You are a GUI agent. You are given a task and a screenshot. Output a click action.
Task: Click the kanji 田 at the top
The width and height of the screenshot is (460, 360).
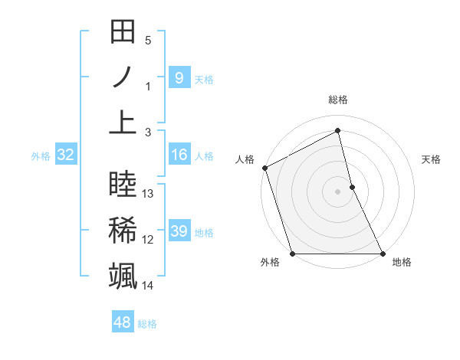click(123, 33)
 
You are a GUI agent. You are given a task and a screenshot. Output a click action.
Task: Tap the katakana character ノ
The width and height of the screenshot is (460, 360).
click(123, 77)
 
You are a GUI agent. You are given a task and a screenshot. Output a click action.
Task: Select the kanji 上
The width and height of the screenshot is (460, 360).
click(123, 122)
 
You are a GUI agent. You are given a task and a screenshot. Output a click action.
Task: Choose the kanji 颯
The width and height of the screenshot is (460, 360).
click(123, 275)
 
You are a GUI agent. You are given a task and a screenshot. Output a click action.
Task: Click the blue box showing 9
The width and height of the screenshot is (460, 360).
click(179, 77)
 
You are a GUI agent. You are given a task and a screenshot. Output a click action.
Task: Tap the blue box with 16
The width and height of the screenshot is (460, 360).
click(179, 155)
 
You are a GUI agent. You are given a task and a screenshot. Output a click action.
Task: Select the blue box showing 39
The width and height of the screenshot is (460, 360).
click(179, 231)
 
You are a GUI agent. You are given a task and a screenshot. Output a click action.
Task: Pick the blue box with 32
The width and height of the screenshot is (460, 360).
click(65, 155)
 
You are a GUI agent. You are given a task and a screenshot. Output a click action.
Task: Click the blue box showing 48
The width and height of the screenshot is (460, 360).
click(122, 322)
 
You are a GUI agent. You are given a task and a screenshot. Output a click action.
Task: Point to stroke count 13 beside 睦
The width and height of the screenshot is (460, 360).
click(149, 194)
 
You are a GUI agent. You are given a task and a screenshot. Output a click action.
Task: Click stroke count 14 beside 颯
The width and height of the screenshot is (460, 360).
click(148, 286)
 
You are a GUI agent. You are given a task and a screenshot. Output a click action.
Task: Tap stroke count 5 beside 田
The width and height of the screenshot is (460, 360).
click(148, 41)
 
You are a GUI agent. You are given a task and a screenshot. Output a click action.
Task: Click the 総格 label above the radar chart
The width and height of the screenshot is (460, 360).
click(338, 100)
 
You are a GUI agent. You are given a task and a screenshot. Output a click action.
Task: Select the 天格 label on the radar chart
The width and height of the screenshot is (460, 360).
click(431, 159)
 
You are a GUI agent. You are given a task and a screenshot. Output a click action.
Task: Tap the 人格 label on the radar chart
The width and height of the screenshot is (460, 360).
click(245, 159)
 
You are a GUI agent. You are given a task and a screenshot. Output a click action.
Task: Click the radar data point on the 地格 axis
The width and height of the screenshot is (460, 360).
click(383, 254)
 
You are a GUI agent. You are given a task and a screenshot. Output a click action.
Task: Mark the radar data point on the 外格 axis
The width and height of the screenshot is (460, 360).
click(292, 254)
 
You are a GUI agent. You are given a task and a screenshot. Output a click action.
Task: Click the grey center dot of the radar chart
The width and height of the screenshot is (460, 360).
click(337, 191)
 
